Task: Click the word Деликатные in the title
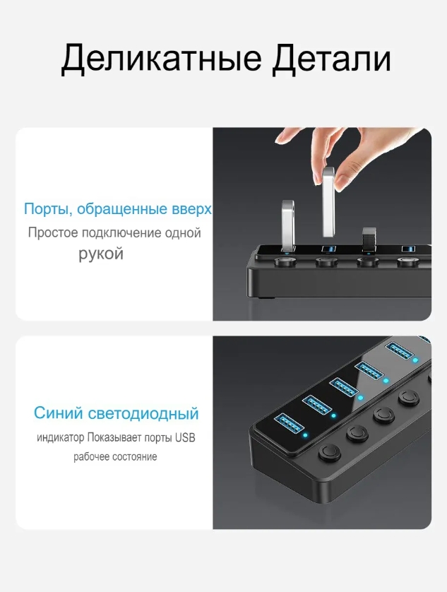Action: coord(161,59)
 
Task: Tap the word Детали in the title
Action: coord(331,59)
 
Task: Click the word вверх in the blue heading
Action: coord(191,209)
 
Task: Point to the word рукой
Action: coord(101,254)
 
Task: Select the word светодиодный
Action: coord(143,414)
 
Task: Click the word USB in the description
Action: coord(186,437)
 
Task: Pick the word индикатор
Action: coord(61,438)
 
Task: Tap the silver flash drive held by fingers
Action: coord(328,202)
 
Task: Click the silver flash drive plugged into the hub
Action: coord(288,225)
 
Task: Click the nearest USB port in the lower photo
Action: coord(290,423)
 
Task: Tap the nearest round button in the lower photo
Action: coord(330,452)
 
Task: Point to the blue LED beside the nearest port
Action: coord(305,435)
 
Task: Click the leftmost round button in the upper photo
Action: coord(285,261)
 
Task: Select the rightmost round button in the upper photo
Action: coord(408,261)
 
